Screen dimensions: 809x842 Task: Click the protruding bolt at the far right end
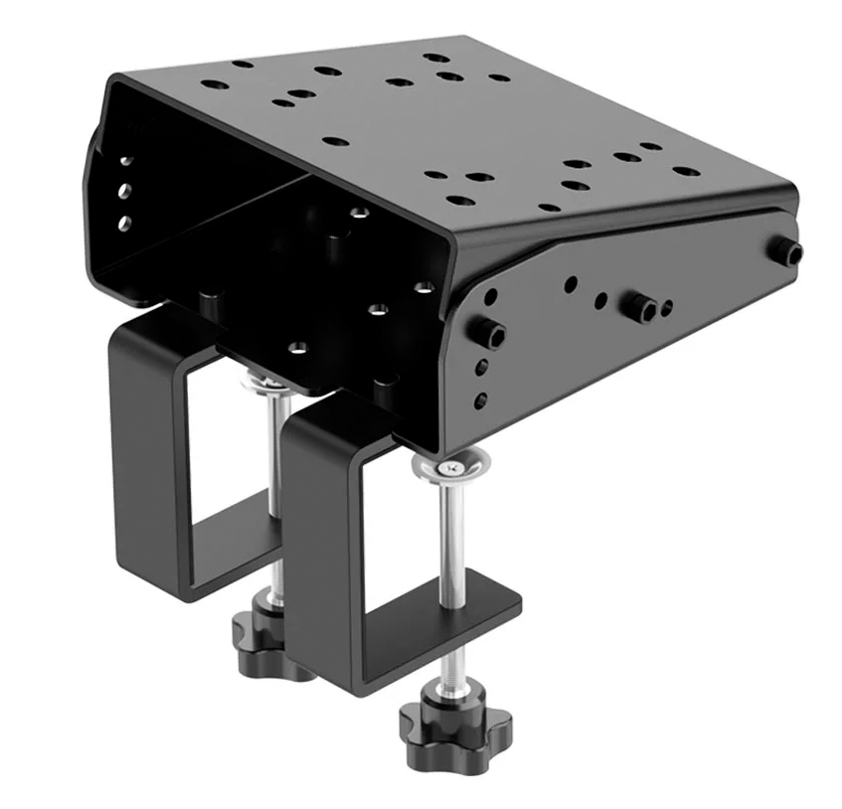pyautogui.click(x=791, y=253)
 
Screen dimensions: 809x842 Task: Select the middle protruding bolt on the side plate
pyautogui.click(x=636, y=306)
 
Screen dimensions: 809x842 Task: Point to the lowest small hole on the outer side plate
pyautogui.click(x=481, y=403)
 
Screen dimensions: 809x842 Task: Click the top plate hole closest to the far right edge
pyautogui.click(x=686, y=171)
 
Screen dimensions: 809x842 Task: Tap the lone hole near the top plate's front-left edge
pyautogui.click(x=336, y=141)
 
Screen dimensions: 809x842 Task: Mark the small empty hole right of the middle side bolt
pyautogui.click(x=666, y=308)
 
